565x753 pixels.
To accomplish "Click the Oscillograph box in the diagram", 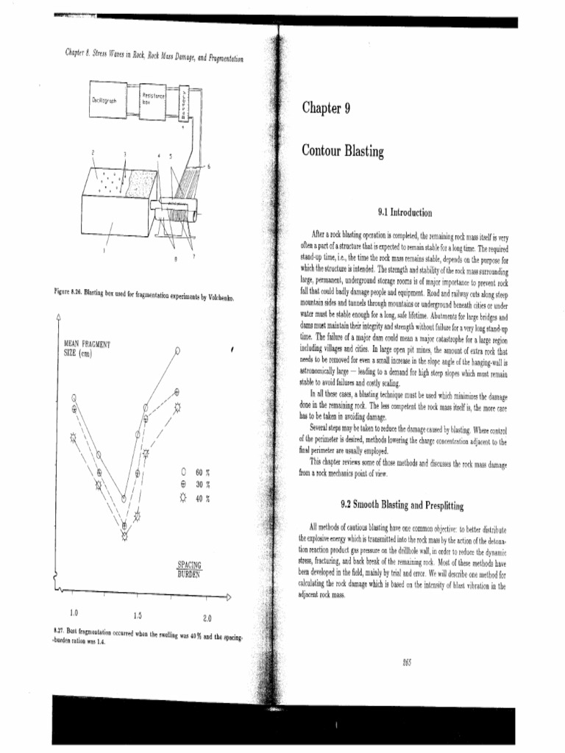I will [104, 101].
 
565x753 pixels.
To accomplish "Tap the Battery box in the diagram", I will [184, 101].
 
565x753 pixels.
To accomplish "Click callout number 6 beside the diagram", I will [208, 167].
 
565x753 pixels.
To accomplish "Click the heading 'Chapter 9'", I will [324, 110].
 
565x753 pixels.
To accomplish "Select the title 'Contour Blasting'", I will [343, 151].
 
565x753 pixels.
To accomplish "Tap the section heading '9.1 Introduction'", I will [404, 213].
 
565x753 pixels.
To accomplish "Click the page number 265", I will [407, 662].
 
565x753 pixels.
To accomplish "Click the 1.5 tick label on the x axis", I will [138, 615].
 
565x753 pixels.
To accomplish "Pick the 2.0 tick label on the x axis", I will [207, 618].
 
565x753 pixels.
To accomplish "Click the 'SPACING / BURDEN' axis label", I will [190, 570].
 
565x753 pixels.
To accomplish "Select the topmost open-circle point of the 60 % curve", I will [177, 351].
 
